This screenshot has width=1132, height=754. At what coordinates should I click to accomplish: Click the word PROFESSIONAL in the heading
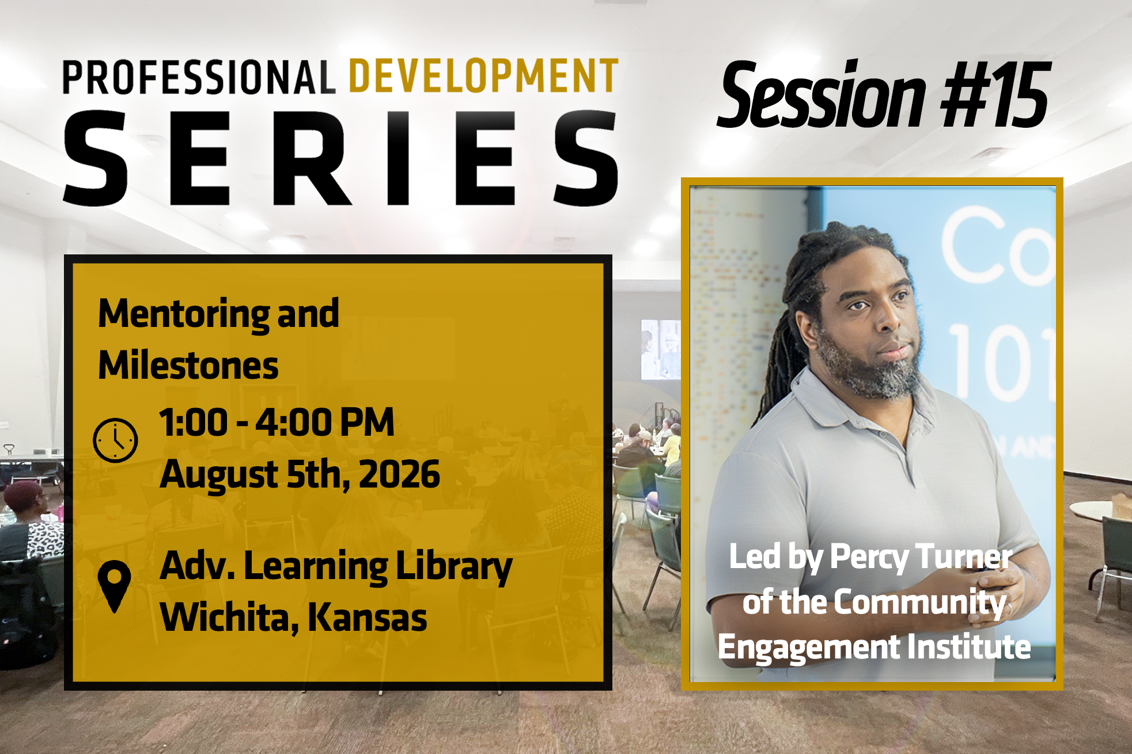(x=199, y=77)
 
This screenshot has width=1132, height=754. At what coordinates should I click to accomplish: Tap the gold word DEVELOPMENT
(x=484, y=76)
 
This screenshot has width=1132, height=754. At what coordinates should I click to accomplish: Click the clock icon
(x=115, y=440)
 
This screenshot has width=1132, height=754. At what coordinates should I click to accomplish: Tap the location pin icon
(x=114, y=586)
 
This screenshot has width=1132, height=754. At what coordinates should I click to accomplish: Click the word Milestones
(x=188, y=365)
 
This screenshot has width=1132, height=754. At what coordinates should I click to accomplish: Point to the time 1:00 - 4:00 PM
(x=277, y=422)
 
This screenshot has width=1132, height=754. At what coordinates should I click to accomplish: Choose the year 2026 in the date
(x=400, y=475)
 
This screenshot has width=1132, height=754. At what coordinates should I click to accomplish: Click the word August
(x=219, y=477)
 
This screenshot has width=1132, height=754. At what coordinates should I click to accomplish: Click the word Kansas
(x=368, y=618)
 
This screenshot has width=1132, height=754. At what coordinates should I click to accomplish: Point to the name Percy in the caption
(x=869, y=558)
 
